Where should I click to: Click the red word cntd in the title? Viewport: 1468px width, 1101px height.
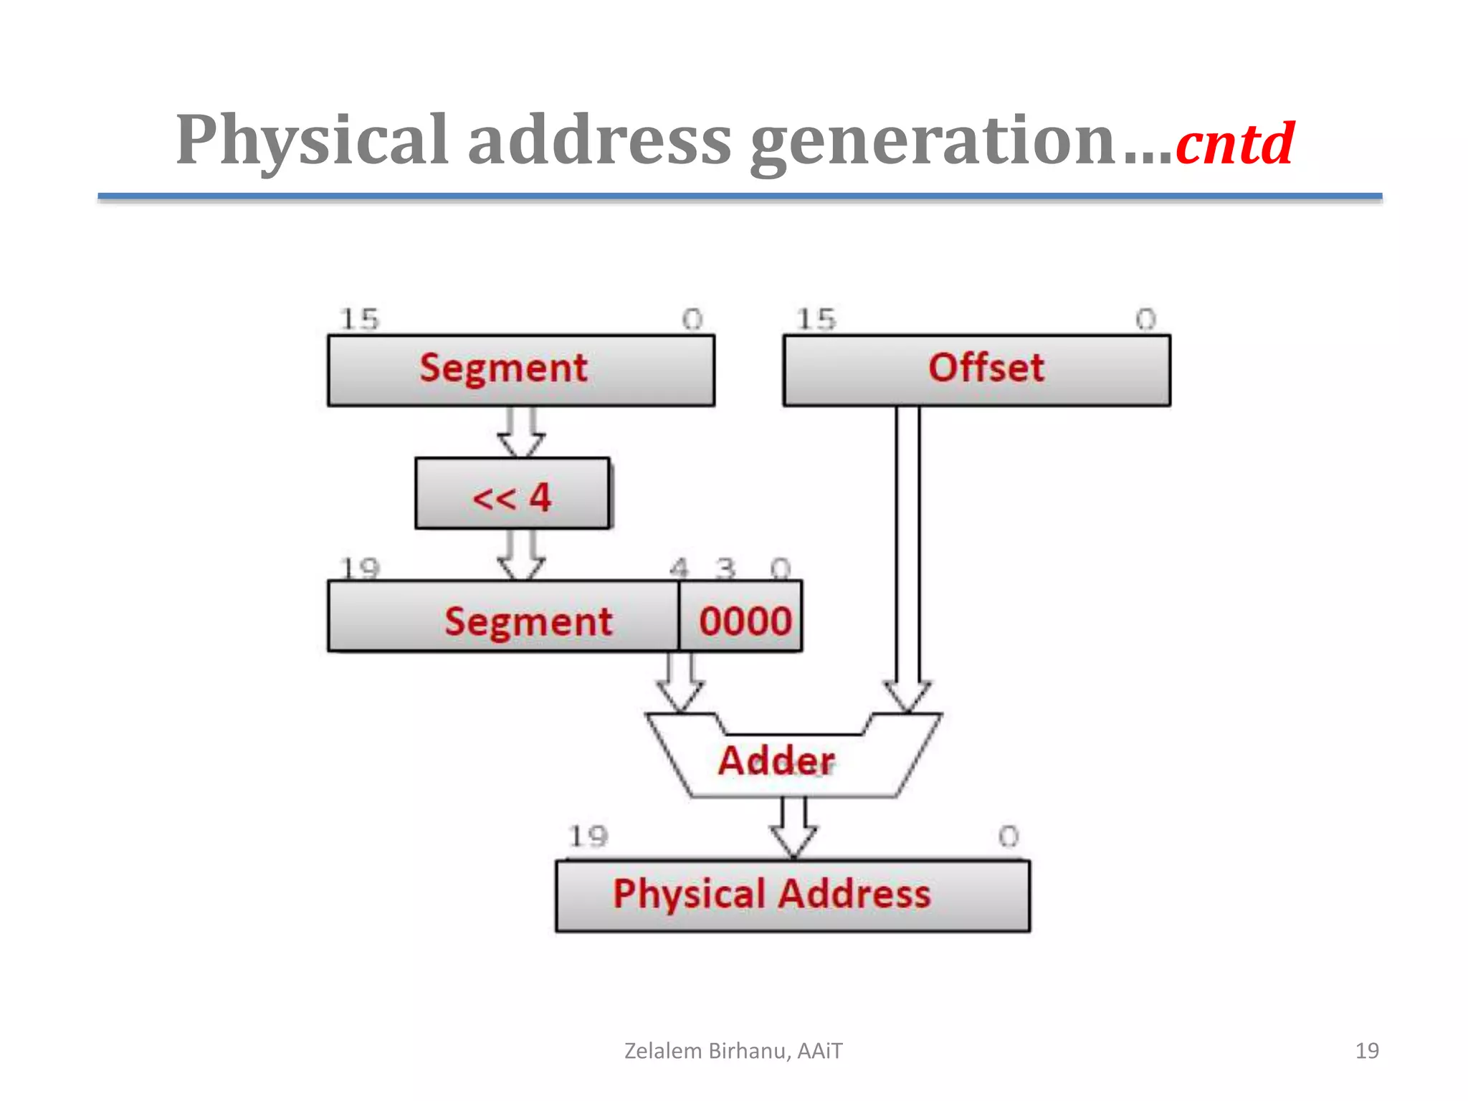coord(1234,144)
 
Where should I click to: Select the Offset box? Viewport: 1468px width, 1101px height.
coord(976,370)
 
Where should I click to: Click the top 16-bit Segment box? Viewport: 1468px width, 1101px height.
coord(521,370)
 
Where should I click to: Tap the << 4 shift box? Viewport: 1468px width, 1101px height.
coord(513,495)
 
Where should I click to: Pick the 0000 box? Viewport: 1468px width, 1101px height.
coord(741,617)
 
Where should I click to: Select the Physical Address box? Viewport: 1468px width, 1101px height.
coord(792,896)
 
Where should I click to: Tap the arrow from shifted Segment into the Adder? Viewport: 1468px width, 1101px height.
coord(680,681)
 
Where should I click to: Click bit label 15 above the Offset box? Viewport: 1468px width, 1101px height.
coord(816,319)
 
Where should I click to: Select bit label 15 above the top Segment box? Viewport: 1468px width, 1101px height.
coord(359,319)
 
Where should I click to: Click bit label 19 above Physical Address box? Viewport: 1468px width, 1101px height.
coord(588,836)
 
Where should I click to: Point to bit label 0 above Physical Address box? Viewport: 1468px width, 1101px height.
coord(1008,836)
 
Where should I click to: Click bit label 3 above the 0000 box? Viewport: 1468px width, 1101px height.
coord(725,568)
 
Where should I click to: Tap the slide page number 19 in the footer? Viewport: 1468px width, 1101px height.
coord(1366,1051)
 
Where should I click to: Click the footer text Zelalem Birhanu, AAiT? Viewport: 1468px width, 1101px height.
coord(733,1051)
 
